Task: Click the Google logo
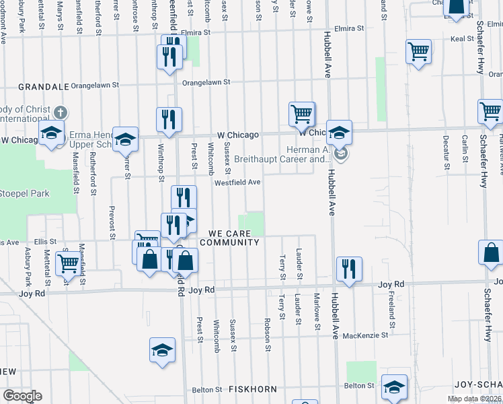(x=22, y=395)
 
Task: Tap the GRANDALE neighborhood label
(x=44, y=87)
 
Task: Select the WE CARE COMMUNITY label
(x=229, y=237)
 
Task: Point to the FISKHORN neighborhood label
(x=249, y=389)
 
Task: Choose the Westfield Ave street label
(x=237, y=182)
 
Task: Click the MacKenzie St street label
(x=365, y=335)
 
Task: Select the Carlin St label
(x=465, y=149)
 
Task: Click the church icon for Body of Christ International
(x=61, y=112)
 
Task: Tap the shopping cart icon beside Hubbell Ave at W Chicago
(x=302, y=114)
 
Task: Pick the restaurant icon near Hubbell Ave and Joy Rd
(x=348, y=268)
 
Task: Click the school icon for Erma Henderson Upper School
(x=124, y=139)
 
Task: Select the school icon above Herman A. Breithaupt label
(x=340, y=132)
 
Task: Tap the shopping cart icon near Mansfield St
(x=67, y=263)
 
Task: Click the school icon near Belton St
(x=394, y=386)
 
